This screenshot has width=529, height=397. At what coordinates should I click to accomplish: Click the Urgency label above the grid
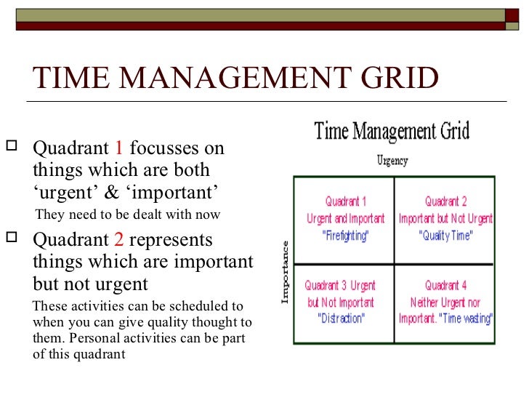coord(392,161)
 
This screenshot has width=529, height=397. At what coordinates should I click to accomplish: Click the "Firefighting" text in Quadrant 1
coord(345,236)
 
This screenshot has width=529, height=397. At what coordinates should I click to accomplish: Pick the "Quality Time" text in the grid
coord(445,236)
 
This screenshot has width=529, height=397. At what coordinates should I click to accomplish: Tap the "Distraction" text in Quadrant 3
coord(341,318)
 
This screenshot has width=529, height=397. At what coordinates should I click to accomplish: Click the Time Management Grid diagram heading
coord(392,132)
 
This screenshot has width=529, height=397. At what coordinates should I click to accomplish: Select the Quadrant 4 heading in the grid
coord(445,285)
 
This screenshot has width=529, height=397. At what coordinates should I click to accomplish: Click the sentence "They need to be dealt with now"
coord(127,214)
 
